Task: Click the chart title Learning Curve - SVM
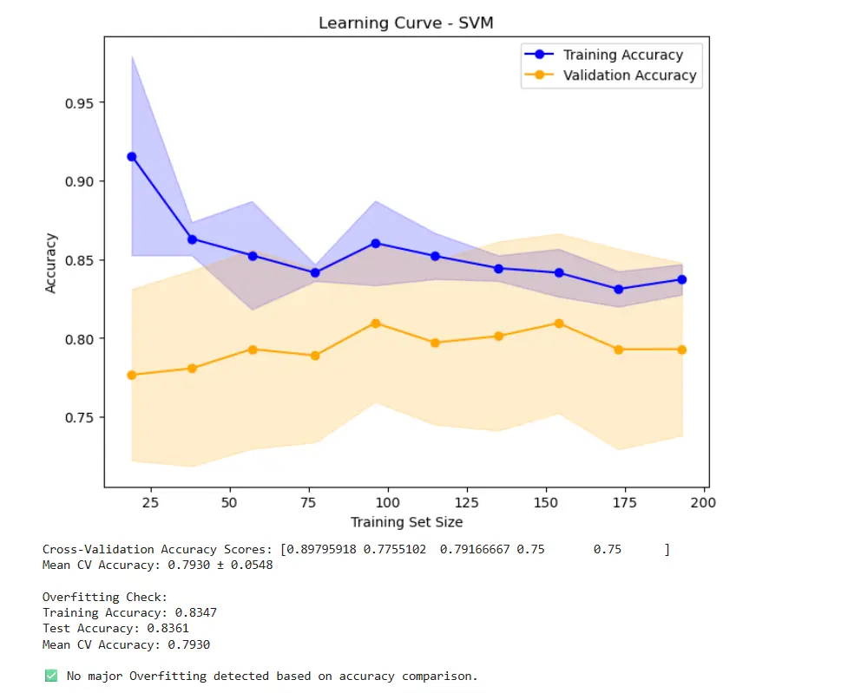[406, 23]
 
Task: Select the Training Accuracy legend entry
[622, 55]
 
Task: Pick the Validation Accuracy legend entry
[629, 75]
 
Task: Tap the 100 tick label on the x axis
[388, 503]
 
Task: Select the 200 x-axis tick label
[703, 503]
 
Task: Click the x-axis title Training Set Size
[406, 522]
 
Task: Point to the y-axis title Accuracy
[51, 263]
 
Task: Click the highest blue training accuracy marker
[132, 157]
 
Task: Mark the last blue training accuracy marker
[682, 279]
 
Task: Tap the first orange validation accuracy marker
[132, 375]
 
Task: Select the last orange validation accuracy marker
[682, 350]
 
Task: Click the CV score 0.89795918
[321, 550]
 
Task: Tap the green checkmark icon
[50, 676]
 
